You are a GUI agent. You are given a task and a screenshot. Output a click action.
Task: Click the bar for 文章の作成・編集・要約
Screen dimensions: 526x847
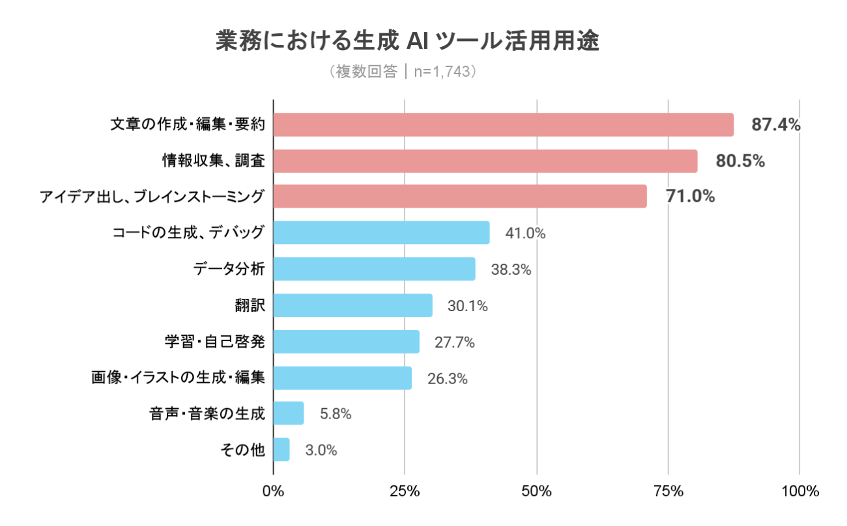point(503,125)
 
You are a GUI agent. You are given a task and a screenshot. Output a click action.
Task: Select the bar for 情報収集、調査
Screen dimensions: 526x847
point(485,161)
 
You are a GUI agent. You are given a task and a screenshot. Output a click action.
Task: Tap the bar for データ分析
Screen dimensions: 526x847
point(374,269)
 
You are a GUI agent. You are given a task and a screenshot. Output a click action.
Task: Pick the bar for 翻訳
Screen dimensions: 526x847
point(352,305)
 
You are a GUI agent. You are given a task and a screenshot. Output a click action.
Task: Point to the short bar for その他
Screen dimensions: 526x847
point(281,449)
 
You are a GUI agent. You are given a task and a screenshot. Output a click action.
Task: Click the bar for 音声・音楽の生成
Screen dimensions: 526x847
point(288,413)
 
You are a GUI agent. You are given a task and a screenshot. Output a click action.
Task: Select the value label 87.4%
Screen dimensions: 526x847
point(775,125)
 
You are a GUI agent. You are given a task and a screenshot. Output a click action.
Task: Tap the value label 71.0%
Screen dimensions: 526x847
point(690,196)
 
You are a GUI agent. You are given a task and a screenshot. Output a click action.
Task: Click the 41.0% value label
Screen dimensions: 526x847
point(525,233)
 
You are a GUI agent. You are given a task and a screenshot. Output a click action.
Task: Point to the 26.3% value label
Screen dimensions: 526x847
point(448,378)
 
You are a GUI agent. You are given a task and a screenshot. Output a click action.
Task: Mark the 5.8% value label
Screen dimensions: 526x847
point(336,414)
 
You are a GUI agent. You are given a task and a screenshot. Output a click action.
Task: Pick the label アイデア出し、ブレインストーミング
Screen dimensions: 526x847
point(152,196)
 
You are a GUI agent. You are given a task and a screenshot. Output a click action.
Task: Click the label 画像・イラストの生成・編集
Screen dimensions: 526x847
point(178,377)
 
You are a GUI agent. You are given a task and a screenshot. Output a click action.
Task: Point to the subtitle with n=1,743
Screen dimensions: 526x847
point(405,71)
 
